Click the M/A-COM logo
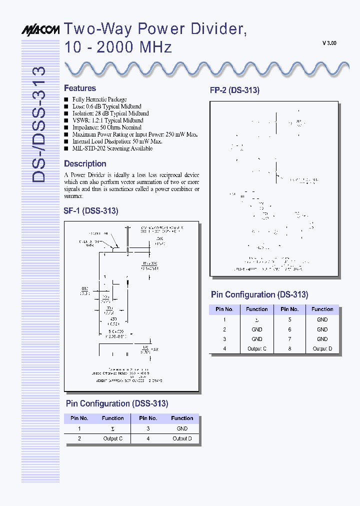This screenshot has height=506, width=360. [40, 30]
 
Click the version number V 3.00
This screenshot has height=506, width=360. [329, 43]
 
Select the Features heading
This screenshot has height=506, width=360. [80, 88]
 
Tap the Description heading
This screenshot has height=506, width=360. [85, 164]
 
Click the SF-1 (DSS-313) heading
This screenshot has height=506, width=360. [91, 211]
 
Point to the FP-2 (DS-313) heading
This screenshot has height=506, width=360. [234, 90]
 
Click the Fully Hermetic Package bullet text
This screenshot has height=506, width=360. [99, 99]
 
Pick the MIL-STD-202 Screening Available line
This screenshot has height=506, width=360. [112, 148]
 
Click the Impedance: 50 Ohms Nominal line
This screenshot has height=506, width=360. [106, 127]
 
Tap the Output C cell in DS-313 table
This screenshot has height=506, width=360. [257, 349]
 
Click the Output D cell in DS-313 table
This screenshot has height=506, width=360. [322, 349]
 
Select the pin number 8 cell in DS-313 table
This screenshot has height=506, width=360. [290, 349]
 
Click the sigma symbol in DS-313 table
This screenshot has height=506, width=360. [257, 320]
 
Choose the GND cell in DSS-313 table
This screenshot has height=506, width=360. [182, 428]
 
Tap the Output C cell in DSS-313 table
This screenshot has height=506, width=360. [113, 438]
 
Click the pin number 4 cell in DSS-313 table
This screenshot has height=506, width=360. [148, 438]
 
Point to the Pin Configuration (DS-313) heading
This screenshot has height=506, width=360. [259, 295]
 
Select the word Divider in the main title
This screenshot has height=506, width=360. [219, 29]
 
